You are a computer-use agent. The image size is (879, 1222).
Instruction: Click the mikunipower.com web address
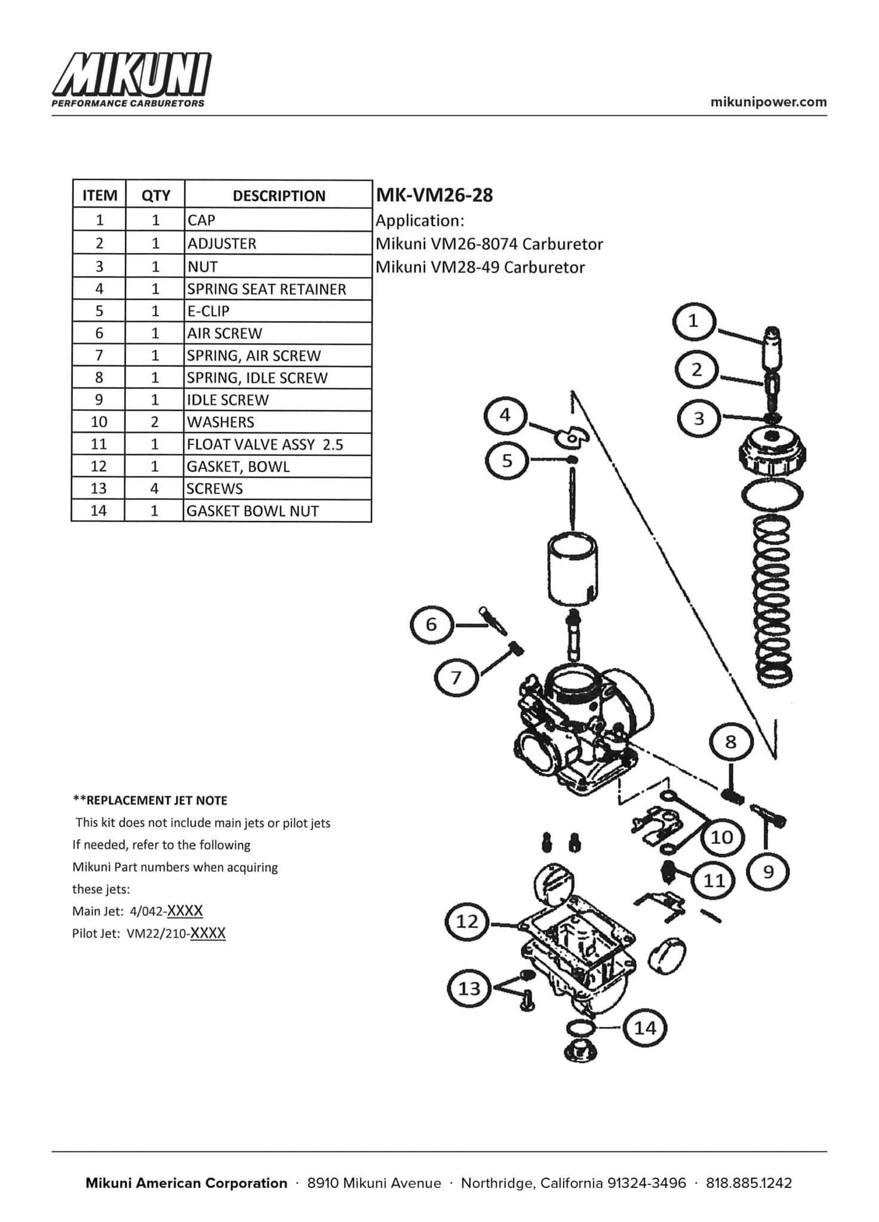pos(769,101)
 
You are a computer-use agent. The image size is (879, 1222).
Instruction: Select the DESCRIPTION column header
pos(278,196)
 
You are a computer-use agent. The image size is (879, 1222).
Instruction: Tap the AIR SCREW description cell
pos(225,333)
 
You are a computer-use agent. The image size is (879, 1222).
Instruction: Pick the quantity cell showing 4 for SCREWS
pos(155,489)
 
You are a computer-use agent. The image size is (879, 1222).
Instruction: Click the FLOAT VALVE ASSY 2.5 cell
pos(265,445)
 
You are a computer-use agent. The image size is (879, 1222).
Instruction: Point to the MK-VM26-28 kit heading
pos(434,195)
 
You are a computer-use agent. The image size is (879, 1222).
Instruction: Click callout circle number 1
pos(693,322)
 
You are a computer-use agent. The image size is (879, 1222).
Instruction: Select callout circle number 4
pos(505,415)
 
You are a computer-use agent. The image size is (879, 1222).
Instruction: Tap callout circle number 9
pos(769,872)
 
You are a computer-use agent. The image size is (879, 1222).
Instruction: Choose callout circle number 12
pos(467,922)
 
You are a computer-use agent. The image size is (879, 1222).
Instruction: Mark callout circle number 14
pos(645,1027)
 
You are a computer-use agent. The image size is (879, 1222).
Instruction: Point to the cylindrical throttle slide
pos(573,570)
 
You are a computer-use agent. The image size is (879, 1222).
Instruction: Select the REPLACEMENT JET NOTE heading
pos(150,800)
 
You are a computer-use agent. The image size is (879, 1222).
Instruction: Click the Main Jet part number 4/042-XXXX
pos(167,911)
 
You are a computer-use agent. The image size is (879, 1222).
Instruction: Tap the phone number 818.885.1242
pos(749,1183)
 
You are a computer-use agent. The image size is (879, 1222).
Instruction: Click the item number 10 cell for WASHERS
pos(99,422)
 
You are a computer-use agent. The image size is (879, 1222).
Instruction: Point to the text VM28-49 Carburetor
pos(480,267)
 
